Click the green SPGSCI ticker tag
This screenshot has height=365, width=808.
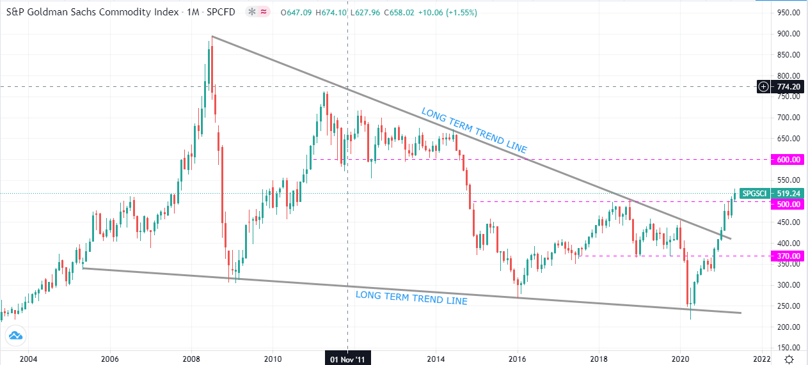point(756,193)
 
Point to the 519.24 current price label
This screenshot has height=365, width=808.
point(787,193)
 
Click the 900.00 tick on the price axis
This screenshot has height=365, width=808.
point(788,34)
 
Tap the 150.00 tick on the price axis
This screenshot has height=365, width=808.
point(788,348)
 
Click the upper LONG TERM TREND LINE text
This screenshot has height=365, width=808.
point(474,130)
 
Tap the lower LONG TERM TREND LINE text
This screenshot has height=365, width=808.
point(411,297)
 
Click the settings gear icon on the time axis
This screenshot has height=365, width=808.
point(790,359)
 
